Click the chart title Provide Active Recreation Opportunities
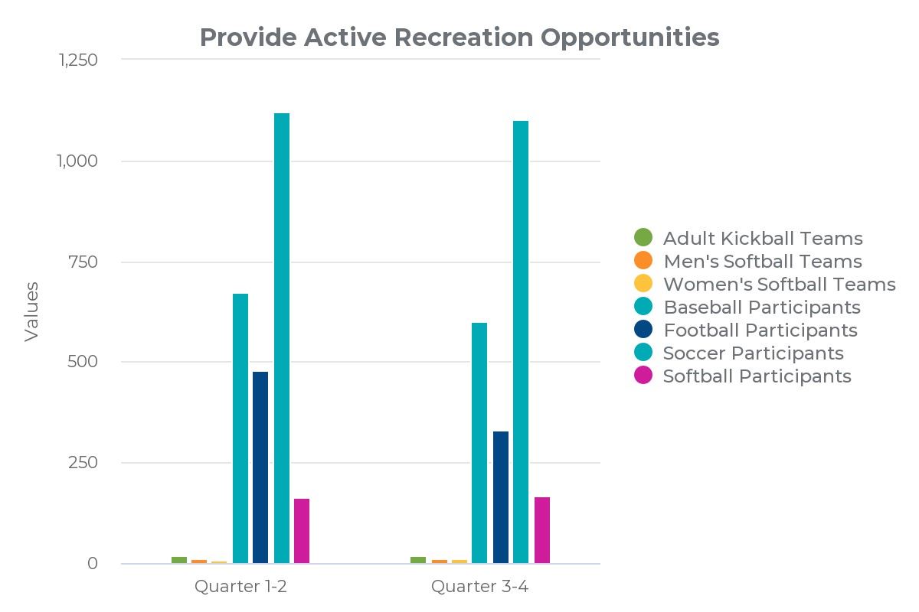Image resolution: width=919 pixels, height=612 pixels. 459,37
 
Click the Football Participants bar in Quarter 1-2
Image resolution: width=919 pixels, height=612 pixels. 260,467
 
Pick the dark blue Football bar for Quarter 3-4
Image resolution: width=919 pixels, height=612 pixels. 501,497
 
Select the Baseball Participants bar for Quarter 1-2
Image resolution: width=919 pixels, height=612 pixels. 240,428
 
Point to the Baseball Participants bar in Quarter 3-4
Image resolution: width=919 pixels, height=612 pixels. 479,443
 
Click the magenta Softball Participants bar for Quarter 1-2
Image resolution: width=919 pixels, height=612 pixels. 302,531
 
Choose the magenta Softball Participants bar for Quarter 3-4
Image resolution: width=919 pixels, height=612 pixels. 542,530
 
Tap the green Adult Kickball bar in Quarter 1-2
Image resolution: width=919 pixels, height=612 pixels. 179,560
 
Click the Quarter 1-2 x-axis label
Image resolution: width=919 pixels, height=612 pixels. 240,587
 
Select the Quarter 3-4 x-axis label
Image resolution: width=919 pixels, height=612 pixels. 479,587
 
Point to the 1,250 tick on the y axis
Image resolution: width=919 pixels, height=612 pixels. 78,60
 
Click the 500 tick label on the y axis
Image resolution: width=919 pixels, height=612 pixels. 84,362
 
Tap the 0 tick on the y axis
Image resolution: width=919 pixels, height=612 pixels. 93,564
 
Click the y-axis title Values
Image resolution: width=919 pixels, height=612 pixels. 31,311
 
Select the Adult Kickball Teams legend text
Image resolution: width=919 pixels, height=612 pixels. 763,238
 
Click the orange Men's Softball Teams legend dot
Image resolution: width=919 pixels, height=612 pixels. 644,261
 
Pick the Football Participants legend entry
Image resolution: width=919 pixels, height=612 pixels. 760,330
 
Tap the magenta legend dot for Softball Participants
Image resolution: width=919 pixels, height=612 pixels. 644,376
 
